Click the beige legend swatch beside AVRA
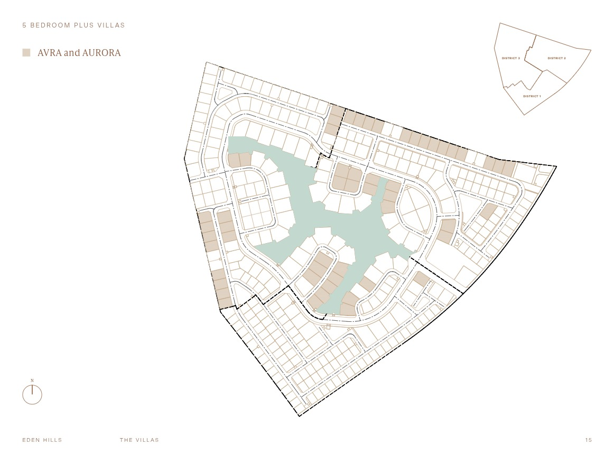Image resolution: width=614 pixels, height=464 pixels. click(26, 53)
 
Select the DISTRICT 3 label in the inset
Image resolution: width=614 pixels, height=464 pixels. click(510, 58)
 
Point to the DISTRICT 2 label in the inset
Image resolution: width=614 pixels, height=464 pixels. click(556, 58)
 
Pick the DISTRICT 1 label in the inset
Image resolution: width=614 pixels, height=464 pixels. click(532, 96)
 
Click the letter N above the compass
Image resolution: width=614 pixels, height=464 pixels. click(32, 381)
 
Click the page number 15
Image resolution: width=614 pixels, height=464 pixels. click(589, 440)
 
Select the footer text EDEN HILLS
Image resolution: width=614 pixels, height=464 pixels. click(42, 440)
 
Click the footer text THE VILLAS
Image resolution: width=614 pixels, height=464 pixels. click(139, 440)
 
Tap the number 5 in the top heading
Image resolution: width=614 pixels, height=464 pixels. click(24, 25)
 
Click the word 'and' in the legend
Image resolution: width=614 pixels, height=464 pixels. click(72, 53)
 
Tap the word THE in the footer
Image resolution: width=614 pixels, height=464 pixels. click(126, 440)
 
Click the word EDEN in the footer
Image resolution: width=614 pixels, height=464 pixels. click(31, 440)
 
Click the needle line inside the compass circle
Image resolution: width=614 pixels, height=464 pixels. click(32, 389)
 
